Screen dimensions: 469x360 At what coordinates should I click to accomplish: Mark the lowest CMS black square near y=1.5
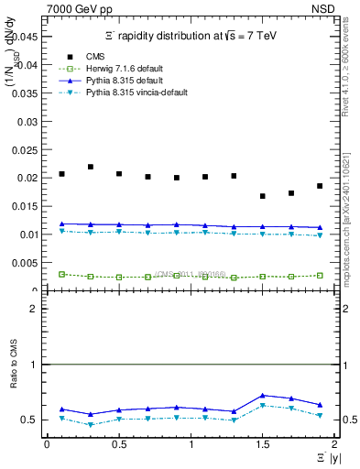point(263,196)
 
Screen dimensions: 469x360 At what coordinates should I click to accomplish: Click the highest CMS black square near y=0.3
point(91,167)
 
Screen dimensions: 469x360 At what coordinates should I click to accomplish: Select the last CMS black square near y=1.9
point(320,186)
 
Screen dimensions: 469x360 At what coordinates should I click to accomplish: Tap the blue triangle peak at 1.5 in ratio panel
point(263,396)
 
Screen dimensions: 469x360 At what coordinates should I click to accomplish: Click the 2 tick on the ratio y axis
point(34,310)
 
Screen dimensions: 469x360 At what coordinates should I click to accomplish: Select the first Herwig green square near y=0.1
point(61,274)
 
